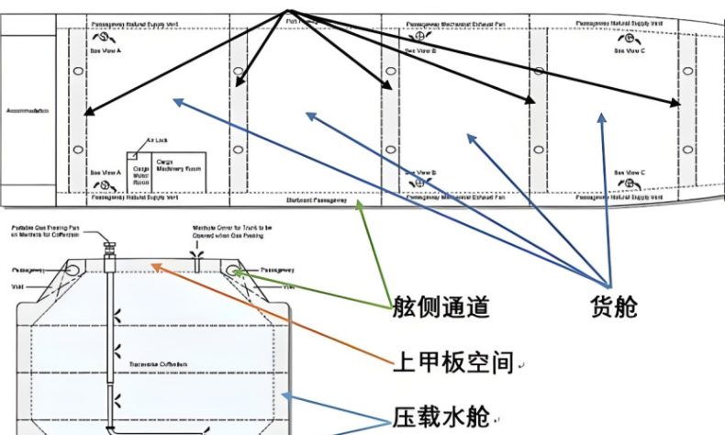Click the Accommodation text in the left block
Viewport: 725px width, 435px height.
click(28, 110)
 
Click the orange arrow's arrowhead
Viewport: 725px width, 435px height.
click(153, 264)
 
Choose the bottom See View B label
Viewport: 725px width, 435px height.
click(421, 172)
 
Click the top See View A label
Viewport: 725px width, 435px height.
click(106, 50)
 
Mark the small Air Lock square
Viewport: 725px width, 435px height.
click(132, 151)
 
